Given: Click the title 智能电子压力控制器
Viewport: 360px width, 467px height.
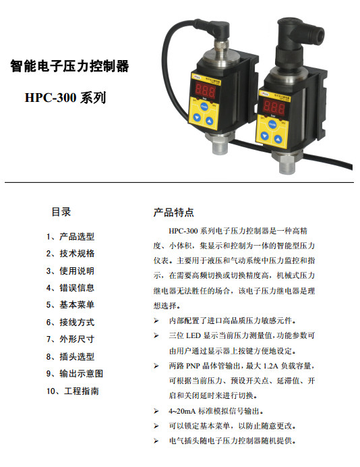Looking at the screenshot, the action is click(x=69, y=66).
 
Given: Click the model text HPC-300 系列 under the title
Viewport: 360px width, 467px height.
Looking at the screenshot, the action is click(x=65, y=98).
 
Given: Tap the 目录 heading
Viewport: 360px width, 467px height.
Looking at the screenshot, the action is click(x=61, y=212).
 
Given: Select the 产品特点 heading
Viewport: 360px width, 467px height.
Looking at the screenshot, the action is click(x=174, y=213).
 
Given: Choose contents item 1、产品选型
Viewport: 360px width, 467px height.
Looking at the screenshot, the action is click(x=71, y=237).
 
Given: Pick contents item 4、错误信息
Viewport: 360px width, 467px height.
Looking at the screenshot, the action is click(x=71, y=288).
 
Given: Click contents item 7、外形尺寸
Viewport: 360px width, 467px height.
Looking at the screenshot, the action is click(x=71, y=339).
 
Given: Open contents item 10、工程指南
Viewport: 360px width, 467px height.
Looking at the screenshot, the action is click(x=73, y=391).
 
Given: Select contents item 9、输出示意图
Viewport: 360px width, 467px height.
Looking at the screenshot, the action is click(x=75, y=374).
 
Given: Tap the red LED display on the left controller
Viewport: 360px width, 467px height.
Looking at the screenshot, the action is click(x=205, y=90).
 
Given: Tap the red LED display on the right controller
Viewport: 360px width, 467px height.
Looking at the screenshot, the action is click(x=274, y=107).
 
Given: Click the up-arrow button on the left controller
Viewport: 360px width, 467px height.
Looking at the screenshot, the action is click(x=210, y=121).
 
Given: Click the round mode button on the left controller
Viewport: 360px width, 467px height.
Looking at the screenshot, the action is click(x=204, y=107).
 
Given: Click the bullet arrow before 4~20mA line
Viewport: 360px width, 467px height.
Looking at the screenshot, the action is click(x=156, y=411).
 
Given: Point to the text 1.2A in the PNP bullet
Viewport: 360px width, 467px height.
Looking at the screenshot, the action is click(x=270, y=366).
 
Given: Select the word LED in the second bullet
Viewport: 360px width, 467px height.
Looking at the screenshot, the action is click(x=193, y=335).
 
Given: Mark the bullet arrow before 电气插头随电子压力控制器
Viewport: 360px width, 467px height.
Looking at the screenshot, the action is click(x=156, y=441).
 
